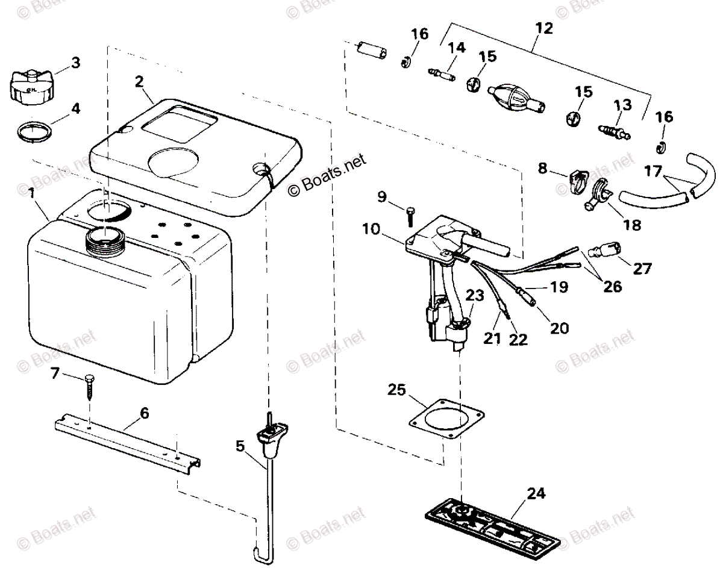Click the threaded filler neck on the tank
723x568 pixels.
click(x=107, y=240)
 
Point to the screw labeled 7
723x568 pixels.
click(x=90, y=386)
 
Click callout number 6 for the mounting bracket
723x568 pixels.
click(x=144, y=414)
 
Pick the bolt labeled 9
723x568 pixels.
click(x=412, y=214)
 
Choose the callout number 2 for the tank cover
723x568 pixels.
click(x=139, y=82)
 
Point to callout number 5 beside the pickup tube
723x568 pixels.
click(x=240, y=446)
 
